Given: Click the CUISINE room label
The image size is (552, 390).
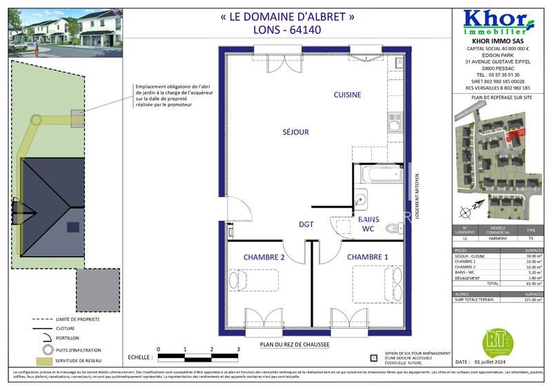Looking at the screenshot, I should [348, 95].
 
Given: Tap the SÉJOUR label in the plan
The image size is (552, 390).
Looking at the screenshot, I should [295, 131].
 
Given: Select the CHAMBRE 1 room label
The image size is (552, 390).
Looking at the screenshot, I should [367, 257].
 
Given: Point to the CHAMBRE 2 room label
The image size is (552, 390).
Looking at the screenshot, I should [264, 257].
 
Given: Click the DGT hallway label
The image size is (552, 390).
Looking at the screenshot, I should [306, 224].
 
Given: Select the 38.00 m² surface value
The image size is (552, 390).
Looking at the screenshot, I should [531, 256].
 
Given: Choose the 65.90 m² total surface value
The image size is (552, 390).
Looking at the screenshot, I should [531, 283].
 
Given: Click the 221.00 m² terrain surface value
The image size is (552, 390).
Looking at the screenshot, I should [530, 300].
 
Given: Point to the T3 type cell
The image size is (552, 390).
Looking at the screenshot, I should [530, 238].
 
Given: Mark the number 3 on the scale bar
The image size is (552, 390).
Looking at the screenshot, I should [237, 350].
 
